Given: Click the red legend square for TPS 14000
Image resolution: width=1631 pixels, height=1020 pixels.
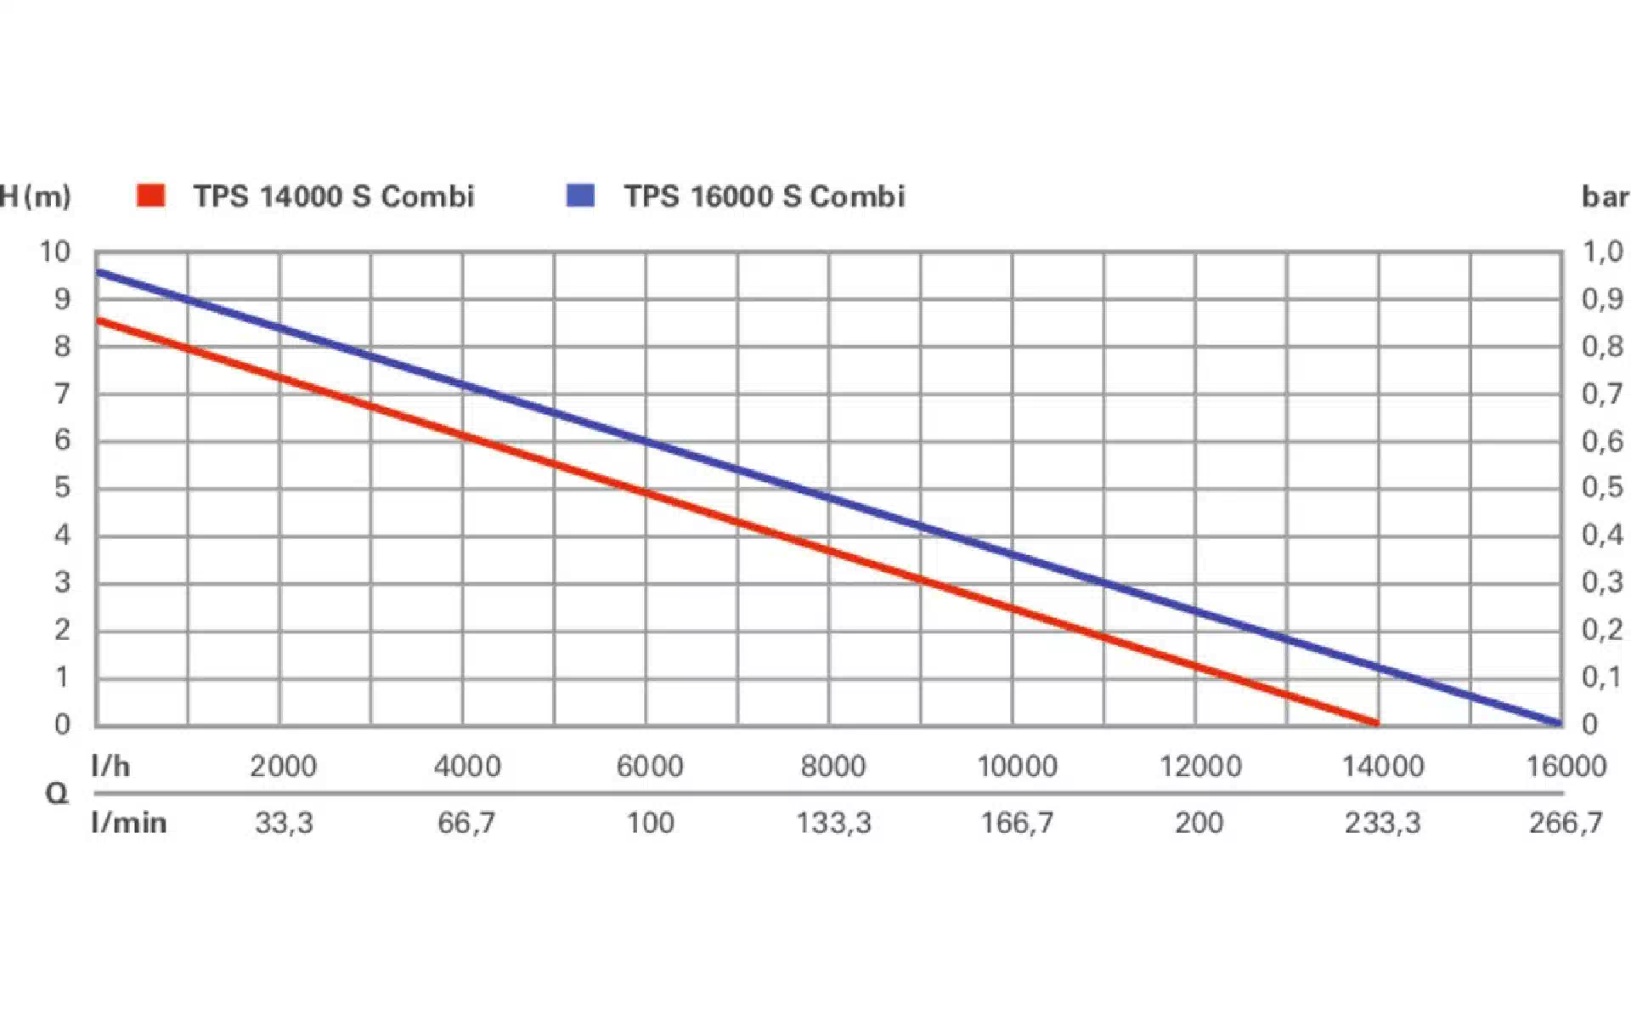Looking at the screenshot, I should [150, 195].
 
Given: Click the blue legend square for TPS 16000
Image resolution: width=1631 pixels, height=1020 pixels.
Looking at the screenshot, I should [581, 195].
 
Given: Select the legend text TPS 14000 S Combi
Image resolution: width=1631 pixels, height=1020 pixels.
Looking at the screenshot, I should [333, 196].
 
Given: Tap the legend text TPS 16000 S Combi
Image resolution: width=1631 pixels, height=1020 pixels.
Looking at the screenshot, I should [765, 196].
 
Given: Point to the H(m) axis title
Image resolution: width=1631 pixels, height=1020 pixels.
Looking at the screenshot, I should [36, 196].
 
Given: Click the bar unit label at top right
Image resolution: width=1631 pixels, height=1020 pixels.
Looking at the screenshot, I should [1605, 197].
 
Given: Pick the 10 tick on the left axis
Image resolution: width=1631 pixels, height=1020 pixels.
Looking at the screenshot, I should [55, 252].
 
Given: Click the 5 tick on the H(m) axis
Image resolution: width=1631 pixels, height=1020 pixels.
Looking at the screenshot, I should [62, 488].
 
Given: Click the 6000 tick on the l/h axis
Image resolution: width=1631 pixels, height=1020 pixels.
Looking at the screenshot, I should [650, 767].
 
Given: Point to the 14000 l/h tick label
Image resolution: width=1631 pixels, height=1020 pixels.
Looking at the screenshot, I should [1383, 767].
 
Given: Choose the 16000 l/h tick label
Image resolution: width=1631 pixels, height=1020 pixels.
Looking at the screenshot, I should [1566, 767].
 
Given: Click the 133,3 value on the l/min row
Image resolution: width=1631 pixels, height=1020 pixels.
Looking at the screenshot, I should [833, 823].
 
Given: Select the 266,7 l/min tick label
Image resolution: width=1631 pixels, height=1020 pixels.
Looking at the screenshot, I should [1566, 823].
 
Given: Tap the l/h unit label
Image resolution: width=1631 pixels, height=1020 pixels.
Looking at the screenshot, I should [110, 767].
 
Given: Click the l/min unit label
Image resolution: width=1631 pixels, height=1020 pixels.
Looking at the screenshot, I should [129, 823].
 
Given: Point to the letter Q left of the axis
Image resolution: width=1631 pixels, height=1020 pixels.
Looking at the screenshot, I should [56, 794].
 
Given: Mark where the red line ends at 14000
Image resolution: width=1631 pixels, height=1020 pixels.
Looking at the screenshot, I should [1376, 722].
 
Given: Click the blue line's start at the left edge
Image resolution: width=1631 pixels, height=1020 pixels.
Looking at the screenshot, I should [99, 273].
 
